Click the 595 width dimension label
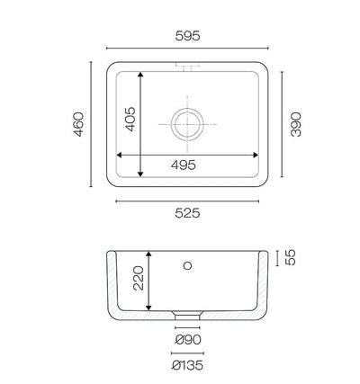click(x=187, y=36)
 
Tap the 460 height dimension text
click(x=78, y=124)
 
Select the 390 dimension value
click(x=296, y=124)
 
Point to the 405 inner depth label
click(x=130, y=120)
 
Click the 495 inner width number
click(x=184, y=165)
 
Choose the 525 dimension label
click(x=187, y=213)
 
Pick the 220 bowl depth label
click(x=139, y=278)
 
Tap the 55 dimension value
click(x=291, y=257)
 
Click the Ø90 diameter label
click(x=188, y=340)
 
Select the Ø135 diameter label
click(x=187, y=365)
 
